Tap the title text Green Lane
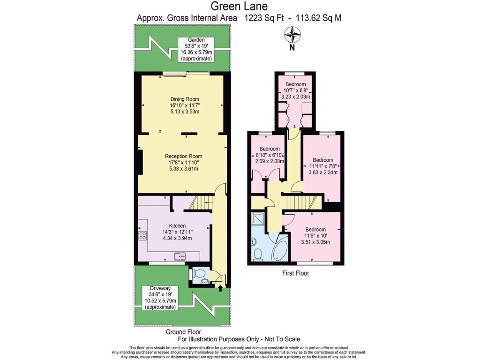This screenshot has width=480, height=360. (239, 7)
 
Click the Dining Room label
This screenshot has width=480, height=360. (185, 105)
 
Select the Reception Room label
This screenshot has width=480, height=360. (183, 163)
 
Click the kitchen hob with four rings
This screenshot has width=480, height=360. (143, 236)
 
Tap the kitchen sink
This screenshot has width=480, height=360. (180, 256)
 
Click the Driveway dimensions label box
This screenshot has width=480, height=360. (160, 297)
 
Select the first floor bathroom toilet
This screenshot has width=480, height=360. (257, 254)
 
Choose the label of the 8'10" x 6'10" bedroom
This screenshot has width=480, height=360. (269, 155)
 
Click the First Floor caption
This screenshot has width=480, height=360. (295, 273)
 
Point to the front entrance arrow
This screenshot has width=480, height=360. (221, 283)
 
